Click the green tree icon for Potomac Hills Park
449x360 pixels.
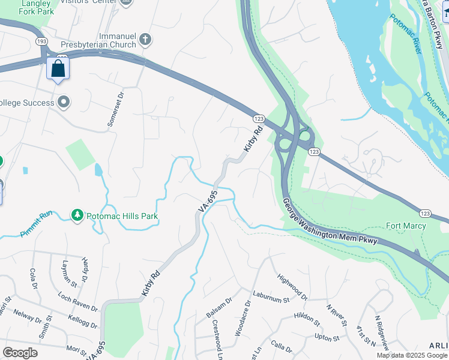(77, 215)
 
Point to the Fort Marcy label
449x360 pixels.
(406, 226)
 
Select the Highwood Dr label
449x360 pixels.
(292, 287)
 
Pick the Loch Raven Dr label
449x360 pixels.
(78, 301)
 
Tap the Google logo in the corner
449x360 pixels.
(20, 353)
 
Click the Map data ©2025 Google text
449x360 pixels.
(411, 355)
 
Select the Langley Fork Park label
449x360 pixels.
(28, 7)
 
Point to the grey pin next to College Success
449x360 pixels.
(64, 103)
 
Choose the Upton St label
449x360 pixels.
(327, 338)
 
